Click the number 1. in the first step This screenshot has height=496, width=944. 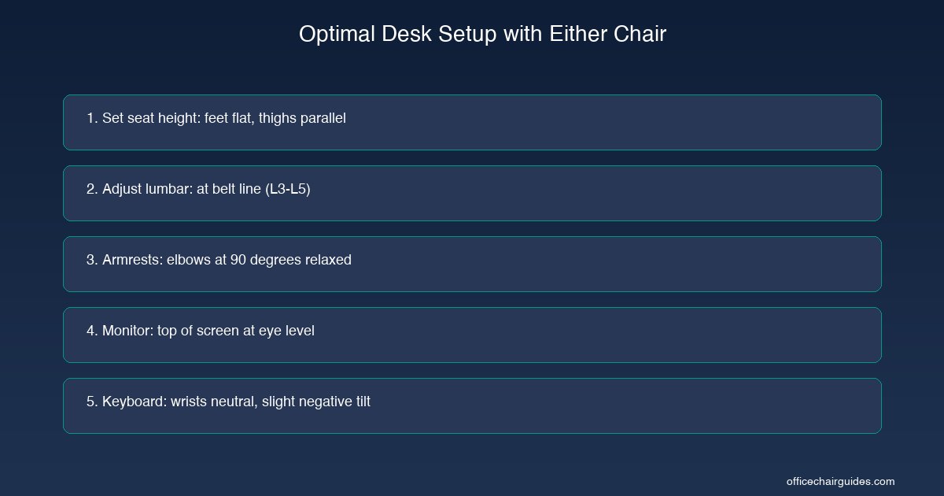92,118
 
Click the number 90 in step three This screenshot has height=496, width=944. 238,260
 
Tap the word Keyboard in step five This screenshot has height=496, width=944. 133,402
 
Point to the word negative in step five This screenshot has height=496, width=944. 323,402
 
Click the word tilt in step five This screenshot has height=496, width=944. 361,402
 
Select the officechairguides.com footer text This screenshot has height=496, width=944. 840,481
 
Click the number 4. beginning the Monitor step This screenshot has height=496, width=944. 92,331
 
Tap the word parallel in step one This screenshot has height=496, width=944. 323,118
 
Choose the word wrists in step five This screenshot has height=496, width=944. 189,402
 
